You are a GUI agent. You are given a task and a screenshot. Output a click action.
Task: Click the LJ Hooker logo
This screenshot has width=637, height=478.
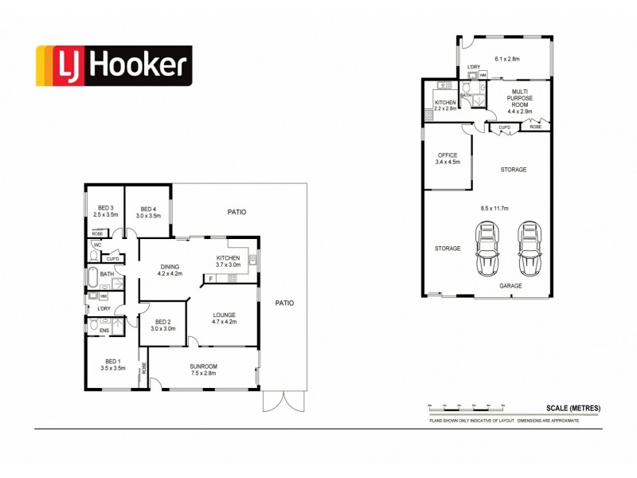point(112,66)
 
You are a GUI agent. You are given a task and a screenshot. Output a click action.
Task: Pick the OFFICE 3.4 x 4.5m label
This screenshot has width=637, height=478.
point(448,159)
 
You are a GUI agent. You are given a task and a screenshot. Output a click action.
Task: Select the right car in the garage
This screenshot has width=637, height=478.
point(529,248)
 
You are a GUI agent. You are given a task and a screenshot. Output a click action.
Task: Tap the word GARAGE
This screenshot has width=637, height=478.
point(510,284)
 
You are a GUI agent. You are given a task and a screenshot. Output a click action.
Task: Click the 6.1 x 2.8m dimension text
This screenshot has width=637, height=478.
point(506,58)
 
